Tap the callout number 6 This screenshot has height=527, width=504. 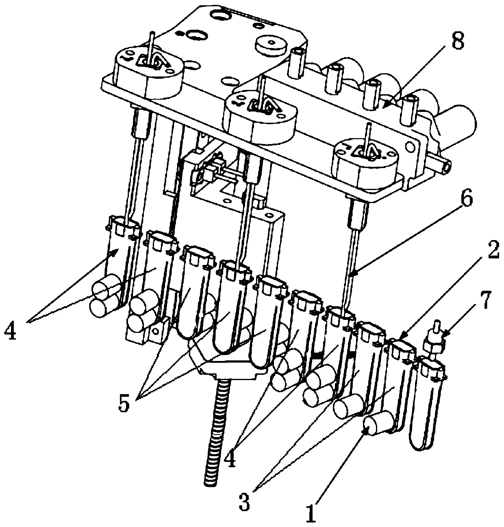pyautogui.click(x=466, y=200)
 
